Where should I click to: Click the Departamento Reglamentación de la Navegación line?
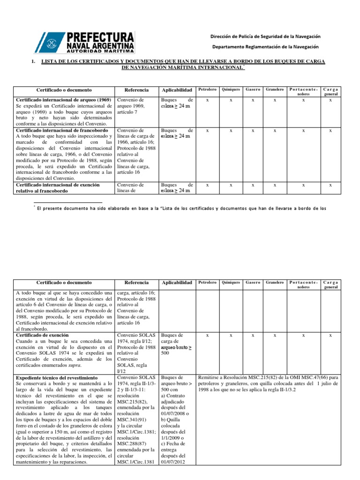click(265, 47)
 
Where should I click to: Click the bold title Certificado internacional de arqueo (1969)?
click(63, 100)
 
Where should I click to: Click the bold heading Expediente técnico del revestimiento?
click(57, 377)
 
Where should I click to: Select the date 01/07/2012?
click(172, 461)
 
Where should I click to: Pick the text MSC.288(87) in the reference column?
click(131, 443)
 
